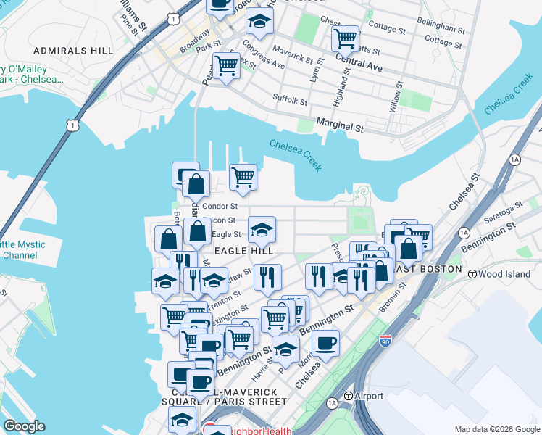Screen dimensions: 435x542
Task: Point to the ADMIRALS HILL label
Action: point(72,51)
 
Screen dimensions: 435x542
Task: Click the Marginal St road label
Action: point(340,126)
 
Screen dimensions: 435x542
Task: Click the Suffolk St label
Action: point(290,99)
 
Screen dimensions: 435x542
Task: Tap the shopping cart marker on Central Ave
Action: point(346,38)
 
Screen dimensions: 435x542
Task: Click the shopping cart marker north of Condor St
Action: point(243,176)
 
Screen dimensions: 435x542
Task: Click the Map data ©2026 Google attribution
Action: point(497,429)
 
